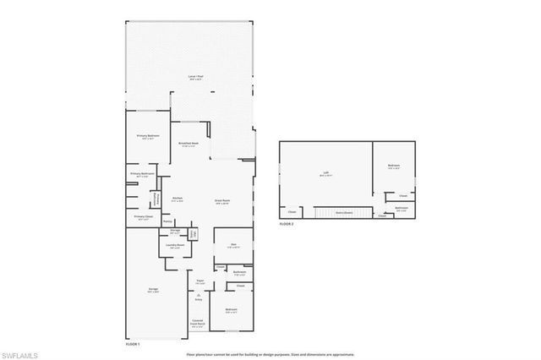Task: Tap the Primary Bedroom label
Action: [148, 135]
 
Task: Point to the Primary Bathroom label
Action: [141, 174]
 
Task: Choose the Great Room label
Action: [222, 201]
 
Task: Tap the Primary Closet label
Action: [143, 216]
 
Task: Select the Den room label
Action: [232, 245]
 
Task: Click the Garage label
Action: [153, 289]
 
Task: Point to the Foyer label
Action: [200, 281]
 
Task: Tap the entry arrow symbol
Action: [199, 294]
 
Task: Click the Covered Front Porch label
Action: [197, 322]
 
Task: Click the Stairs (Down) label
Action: [343, 212]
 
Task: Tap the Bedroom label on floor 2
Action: [394, 166]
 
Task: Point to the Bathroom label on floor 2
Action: [402, 208]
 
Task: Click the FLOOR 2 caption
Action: [287, 224]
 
